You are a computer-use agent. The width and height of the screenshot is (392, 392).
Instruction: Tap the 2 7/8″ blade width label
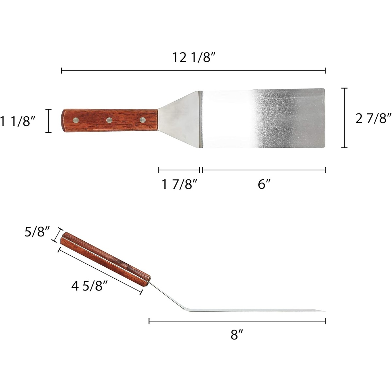coord(373,118)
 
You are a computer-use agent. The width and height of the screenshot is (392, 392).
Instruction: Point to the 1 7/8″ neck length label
coord(179,185)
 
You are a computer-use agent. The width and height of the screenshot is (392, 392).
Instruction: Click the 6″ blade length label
coord(263,185)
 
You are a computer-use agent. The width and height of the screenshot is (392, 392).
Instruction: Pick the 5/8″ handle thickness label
coord(37,233)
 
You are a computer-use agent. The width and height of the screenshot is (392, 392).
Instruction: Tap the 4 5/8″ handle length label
coord(90,286)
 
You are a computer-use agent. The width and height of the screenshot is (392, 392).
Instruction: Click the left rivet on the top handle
coord(75,120)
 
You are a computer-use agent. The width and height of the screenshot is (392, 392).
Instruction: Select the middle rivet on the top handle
coord(109,120)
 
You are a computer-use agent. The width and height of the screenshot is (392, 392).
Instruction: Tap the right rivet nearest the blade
coord(142,120)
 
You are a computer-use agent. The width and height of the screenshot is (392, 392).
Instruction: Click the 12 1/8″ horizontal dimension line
coord(193,70)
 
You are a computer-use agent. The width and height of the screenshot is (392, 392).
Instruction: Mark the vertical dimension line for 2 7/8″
coord(344,118)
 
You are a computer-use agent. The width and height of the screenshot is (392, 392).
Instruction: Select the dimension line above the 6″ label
coord(264,170)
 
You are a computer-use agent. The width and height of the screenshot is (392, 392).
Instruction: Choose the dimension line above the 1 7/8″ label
coord(179,170)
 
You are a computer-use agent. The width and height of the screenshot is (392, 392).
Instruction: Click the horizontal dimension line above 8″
coord(237,322)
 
